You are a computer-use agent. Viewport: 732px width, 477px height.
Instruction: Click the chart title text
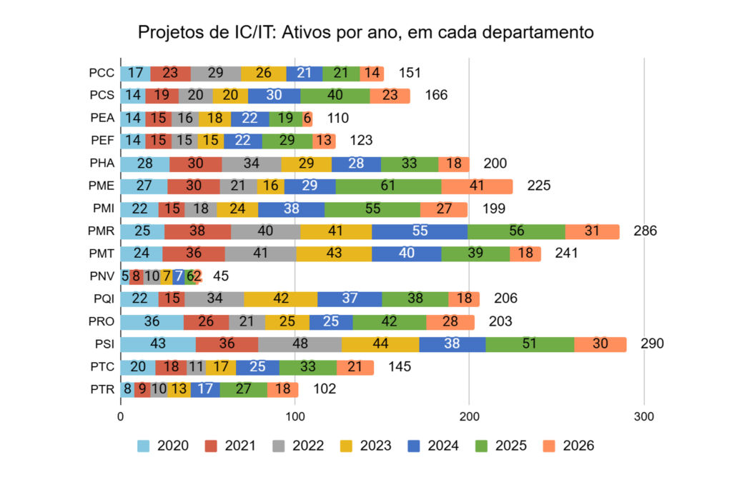pyautogui.click(x=365, y=32)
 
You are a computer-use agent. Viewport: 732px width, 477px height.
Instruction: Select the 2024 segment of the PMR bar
pyautogui.click(x=420, y=231)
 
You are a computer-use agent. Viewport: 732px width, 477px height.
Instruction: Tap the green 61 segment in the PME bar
pyautogui.click(x=388, y=186)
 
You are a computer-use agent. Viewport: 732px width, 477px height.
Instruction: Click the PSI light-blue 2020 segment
pyautogui.click(x=158, y=344)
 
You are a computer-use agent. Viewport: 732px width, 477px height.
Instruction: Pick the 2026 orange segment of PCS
pyautogui.click(x=390, y=96)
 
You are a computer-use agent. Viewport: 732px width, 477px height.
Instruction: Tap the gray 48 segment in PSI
pyautogui.click(x=300, y=344)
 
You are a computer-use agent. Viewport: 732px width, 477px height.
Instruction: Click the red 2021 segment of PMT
pyautogui.click(x=194, y=253)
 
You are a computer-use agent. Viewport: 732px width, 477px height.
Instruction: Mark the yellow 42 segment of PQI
pyautogui.click(x=280, y=298)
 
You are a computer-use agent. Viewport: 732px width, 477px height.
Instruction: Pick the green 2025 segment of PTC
pyautogui.click(x=308, y=367)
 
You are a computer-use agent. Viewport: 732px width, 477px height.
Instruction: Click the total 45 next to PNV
pyautogui.click(x=221, y=276)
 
